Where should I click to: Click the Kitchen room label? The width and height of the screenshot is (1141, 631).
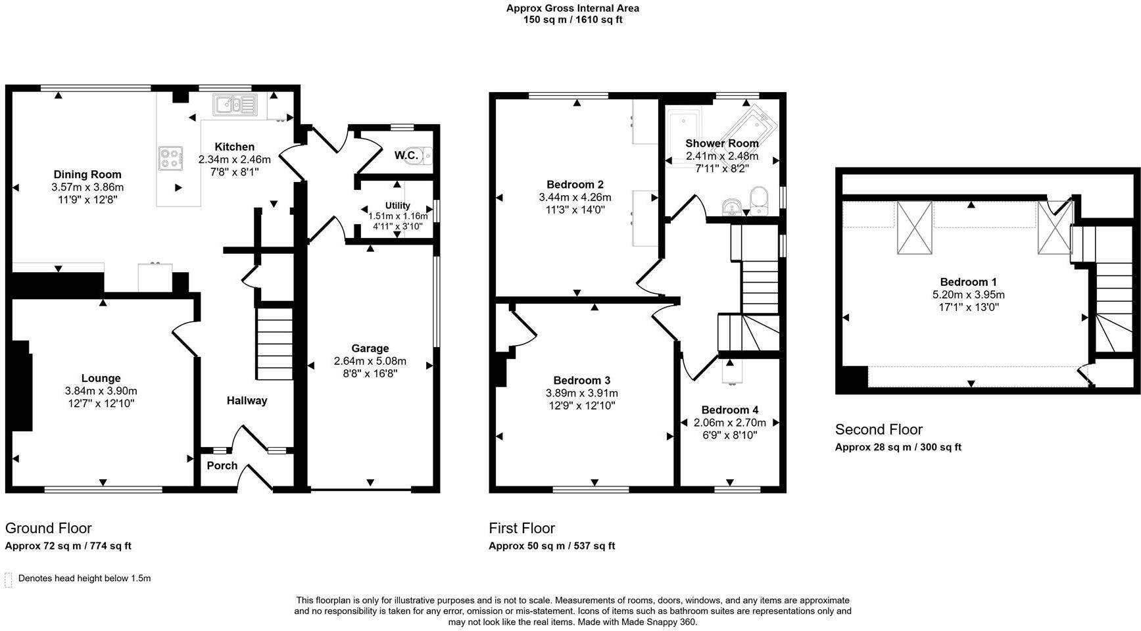(234, 147)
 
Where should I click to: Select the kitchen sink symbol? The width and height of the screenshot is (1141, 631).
(235, 105)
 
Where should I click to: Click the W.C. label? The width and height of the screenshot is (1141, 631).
(406, 155)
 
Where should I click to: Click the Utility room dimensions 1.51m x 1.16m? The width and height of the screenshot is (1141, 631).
(397, 216)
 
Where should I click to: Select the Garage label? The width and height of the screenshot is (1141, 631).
(370, 348)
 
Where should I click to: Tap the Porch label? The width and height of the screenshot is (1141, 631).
(222, 465)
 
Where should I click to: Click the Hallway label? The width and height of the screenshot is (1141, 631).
(247, 400)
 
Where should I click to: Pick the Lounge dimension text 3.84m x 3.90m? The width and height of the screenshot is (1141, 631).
(101, 391)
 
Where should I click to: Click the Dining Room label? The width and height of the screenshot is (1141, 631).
(87, 174)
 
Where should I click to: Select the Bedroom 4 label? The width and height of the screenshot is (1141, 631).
(729, 409)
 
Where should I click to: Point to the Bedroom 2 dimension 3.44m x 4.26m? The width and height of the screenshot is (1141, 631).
(574, 197)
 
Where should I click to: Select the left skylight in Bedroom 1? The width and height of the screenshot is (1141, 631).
(915, 227)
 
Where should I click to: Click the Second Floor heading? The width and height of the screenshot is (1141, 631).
(879, 429)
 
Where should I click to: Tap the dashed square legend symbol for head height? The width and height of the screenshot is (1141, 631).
(9, 579)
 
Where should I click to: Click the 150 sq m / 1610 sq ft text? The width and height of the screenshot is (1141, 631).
(572, 20)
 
